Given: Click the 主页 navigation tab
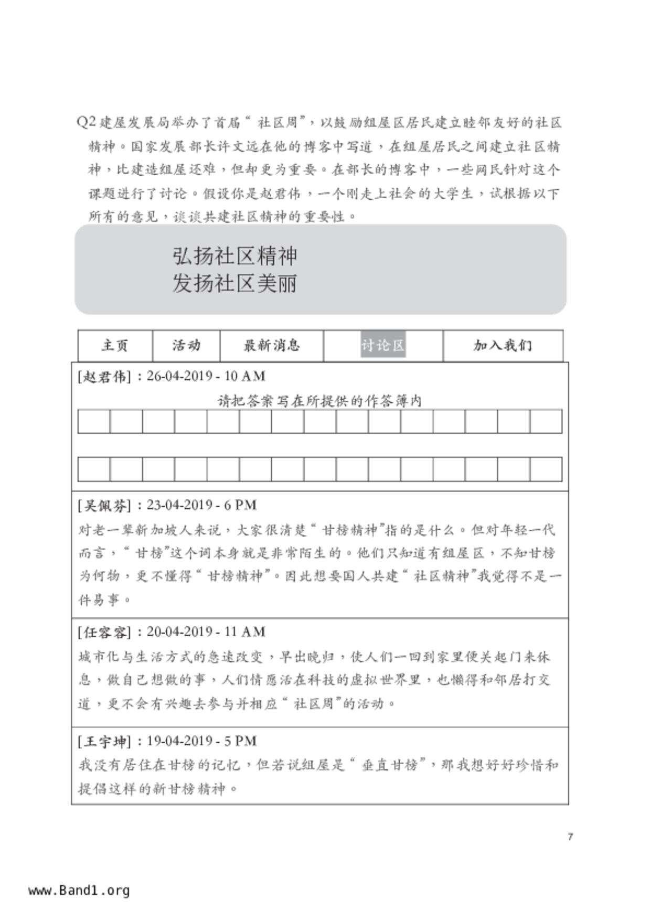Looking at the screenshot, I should tap(115, 346).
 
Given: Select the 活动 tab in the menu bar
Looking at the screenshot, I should tap(186, 346).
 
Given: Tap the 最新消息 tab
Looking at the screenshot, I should tap(271, 346).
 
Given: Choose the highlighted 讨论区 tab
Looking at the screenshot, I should tap(383, 346).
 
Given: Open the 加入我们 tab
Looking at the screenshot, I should tap(503, 346).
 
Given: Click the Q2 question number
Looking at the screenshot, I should tap(86, 122).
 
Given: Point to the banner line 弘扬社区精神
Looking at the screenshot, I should tap(235, 256).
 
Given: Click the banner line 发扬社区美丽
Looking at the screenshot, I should tap(235, 284).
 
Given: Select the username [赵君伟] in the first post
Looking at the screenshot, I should tap(104, 377).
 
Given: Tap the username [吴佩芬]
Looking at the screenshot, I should tap(104, 506).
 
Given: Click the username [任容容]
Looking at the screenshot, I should tap(104, 632).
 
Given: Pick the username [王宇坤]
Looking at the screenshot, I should tap(104, 742).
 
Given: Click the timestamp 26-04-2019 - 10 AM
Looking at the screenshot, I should tap(206, 377).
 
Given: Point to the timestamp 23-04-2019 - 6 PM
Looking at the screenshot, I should tap(201, 506).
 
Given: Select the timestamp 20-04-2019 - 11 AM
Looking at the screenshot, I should tap(206, 632).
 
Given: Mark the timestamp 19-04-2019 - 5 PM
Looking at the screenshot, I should tap(201, 742).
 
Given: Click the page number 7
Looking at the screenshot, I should tap(570, 837).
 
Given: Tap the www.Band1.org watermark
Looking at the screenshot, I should tap(79, 891).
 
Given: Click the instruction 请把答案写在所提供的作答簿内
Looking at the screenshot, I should tap(319, 401).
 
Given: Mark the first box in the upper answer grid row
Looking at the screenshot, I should tap(94, 422).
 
